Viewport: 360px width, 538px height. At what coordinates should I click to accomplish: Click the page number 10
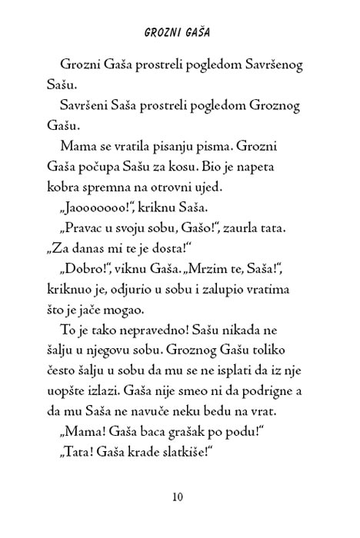click(x=178, y=497)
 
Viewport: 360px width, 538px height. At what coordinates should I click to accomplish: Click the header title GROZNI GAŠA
click(x=178, y=35)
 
